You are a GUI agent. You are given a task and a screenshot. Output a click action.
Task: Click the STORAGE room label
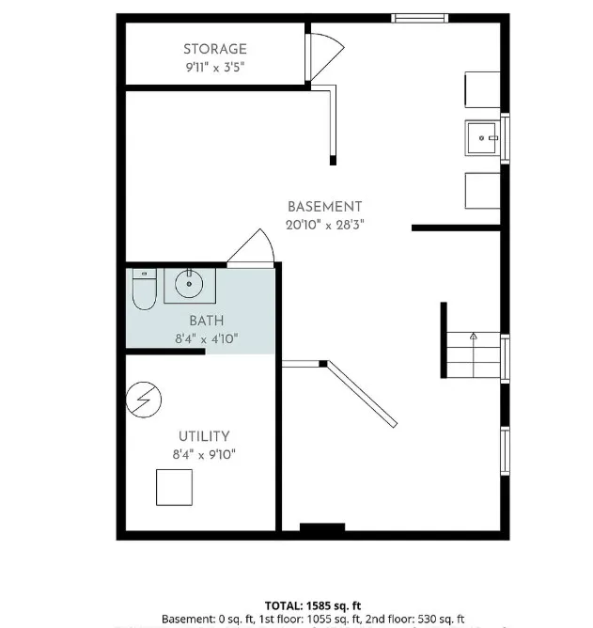[215, 49]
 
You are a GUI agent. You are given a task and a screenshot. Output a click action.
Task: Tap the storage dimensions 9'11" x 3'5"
[215, 67]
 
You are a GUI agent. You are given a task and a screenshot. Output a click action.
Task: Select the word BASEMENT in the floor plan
[325, 207]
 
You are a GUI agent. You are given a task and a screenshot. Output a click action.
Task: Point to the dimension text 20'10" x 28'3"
[325, 225]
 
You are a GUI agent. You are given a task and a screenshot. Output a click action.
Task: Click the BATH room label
[207, 321]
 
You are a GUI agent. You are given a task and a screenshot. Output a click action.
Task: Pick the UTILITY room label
[204, 436]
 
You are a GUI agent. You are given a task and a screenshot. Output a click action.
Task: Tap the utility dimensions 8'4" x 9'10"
[204, 455]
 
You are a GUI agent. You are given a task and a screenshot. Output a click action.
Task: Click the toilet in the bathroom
[144, 290]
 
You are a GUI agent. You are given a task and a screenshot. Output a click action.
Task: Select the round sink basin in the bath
[189, 284]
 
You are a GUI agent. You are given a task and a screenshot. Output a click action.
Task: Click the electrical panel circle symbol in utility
[144, 400]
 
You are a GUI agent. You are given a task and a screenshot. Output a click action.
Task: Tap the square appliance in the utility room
[174, 487]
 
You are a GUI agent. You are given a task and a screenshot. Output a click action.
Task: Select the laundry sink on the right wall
[481, 138]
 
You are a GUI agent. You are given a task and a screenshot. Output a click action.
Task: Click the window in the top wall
[420, 18]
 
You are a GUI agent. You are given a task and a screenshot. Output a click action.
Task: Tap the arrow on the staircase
[474, 337]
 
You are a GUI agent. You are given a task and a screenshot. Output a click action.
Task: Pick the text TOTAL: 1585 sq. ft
[313, 605]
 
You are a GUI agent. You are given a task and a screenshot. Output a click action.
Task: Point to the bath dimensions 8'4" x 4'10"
[207, 339]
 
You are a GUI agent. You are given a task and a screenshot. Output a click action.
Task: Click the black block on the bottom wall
[322, 527]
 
